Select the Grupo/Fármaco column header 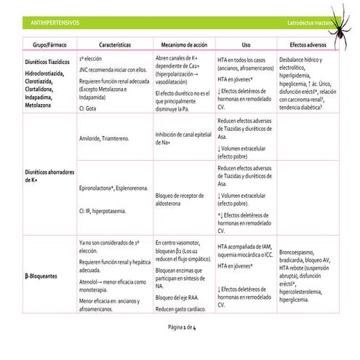tap(45, 44)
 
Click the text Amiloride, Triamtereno tap(106, 137)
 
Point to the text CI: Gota tap(90, 105)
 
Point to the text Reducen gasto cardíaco tap(181, 308)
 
